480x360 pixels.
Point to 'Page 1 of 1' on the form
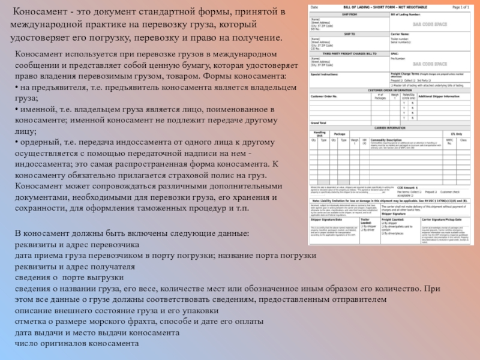tap(460, 6)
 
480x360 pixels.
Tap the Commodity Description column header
tap(387, 139)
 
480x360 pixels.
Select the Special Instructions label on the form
tap(325, 74)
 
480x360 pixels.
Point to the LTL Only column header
tap(456, 134)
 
